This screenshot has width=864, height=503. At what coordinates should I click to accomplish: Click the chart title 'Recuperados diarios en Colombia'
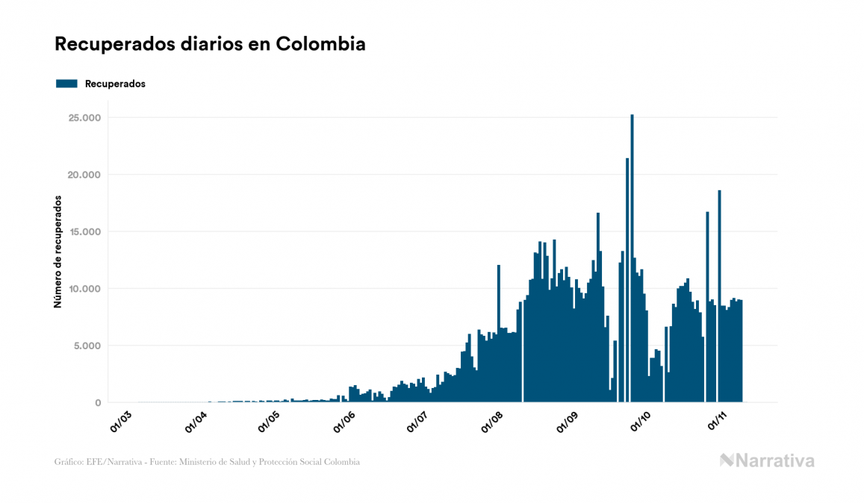pos(210,44)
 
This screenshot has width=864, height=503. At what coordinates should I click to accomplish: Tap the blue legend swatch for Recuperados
pos(66,84)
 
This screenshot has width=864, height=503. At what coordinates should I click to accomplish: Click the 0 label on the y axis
pos(97,403)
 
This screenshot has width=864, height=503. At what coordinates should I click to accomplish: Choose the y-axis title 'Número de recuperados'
pos(58,251)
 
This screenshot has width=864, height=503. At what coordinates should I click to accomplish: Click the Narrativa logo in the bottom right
pos(767,460)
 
